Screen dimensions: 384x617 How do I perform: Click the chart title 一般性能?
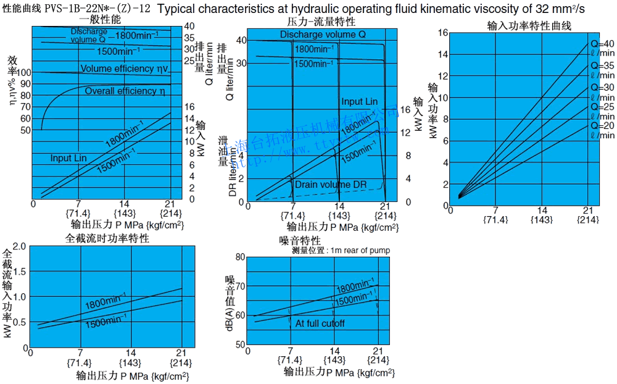tap(99, 19)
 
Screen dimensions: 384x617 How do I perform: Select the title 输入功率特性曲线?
tap(529, 25)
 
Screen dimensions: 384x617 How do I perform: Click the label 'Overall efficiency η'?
tap(125, 91)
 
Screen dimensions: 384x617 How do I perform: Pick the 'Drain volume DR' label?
tap(330, 185)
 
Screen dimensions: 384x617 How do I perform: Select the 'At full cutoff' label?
tap(320, 323)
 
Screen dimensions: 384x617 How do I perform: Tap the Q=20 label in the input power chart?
tap(602, 126)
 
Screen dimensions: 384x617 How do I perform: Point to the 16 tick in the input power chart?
tap(442, 32)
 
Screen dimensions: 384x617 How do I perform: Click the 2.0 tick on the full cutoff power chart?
tap(19, 246)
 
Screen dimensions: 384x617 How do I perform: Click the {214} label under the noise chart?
tap(378, 360)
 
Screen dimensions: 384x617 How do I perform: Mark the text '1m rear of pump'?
tap(360, 250)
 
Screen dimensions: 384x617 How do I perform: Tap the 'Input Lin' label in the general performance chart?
tap(68, 159)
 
